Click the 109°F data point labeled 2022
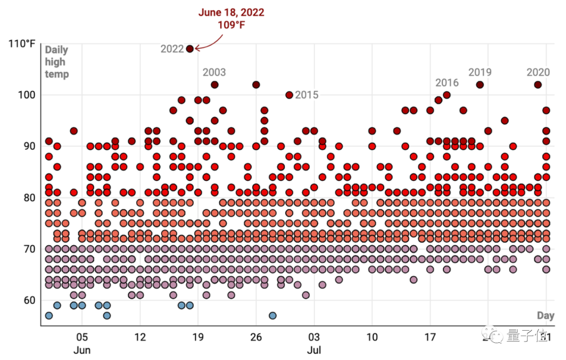point(190,49)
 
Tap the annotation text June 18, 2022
point(231,13)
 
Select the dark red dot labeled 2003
point(214,85)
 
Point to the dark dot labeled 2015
point(289,95)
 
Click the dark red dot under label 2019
point(480,85)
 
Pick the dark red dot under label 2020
point(538,85)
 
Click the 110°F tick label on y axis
point(22,43)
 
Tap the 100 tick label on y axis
point(26,95)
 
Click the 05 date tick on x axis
point(82,336)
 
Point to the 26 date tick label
point(256,336)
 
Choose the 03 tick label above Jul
point(314,336)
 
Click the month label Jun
point(82,350)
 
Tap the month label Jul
point(314,350)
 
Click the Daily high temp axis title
point(57,62)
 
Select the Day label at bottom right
point(546,315)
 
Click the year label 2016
point(447,83)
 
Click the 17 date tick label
point(430,336)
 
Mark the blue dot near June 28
point(273,315)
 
